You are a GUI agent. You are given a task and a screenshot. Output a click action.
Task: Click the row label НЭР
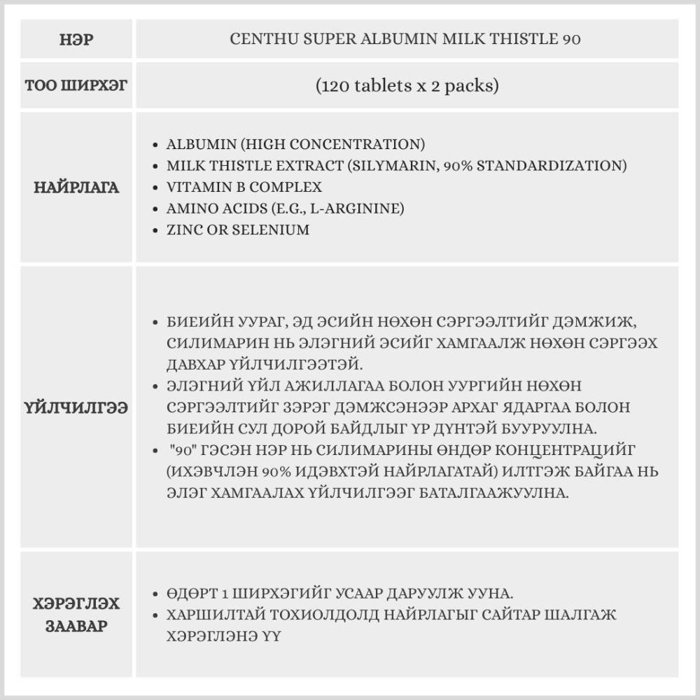[76, 39]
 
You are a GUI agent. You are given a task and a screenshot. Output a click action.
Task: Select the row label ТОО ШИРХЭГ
[76, 86]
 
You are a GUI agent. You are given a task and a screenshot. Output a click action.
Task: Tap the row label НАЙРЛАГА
[76, 188]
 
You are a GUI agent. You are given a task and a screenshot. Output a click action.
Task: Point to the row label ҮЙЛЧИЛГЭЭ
[76, 407]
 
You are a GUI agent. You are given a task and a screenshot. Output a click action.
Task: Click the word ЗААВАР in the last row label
[76, 625]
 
